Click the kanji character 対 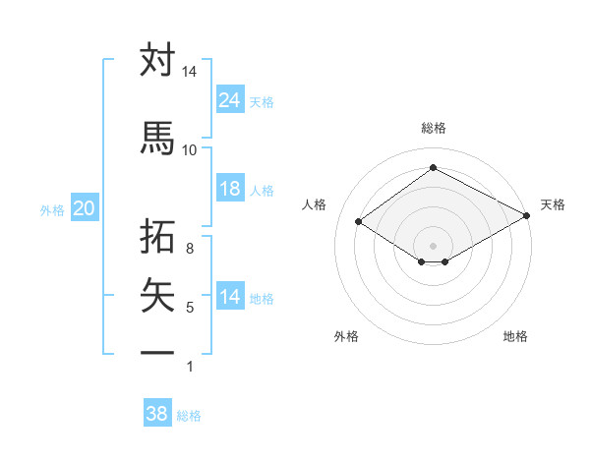pos(157,60)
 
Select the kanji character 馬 pos(157,138)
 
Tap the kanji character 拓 pos(157,237)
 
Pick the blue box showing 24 pos(229,100)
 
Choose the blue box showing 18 pos(229,189)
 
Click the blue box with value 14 pos(229,298)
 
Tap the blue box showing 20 pos(85,208)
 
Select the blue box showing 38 pos(157,414)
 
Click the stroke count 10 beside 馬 pos(189,149)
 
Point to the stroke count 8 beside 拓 pos(189,249)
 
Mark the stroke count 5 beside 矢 pos(189,308)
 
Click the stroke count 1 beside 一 pos(189,367)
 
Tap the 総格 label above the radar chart pos(433,128)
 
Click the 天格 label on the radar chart pos(553,204)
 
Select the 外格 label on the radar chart pos(346,336)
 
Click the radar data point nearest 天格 pos(527,216)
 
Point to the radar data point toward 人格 pos(359,221)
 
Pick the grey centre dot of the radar pos(433,244)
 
